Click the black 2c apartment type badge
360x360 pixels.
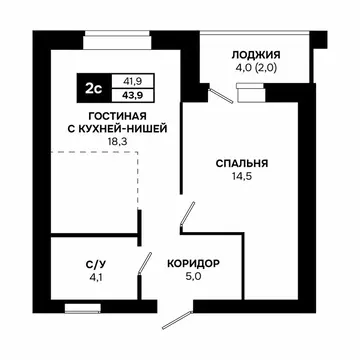(93, 87)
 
